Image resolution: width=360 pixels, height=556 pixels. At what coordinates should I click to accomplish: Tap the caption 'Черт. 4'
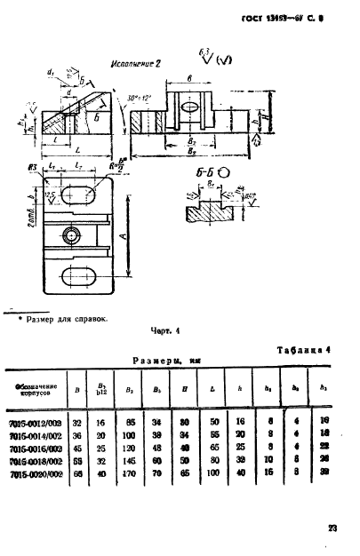pos(164,332)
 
